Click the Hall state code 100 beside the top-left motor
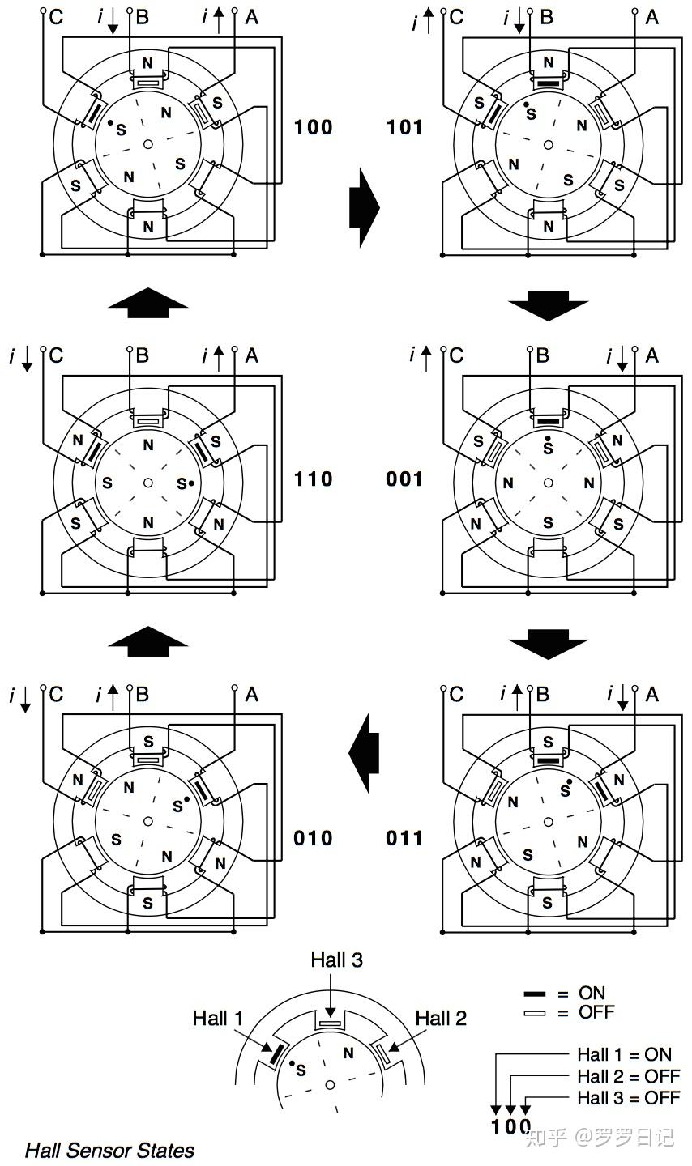[x=313, y=127]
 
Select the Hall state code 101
[x=404, y=127]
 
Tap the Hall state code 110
[x=313, y=479]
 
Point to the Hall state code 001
[x=404, y=479]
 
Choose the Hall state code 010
[x=313, y=838]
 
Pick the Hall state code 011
[x=404, y=838]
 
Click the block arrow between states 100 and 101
[x=365, y=207]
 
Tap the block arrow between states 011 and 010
[x=364, y=753]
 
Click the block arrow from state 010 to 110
[x=148, y=640]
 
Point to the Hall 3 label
[x=336, y=960]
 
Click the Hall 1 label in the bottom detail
[x=218, y=1019]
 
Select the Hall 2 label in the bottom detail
[x=441, y=1018]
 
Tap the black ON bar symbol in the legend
[x=535, y=994]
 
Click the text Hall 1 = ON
[x=624, y=1055]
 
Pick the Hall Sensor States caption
[x=110, y=1151]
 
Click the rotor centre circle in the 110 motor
[x=148, y=483]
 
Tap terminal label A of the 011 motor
[x=651, y=695]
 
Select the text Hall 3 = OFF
[x=629, y=1098]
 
